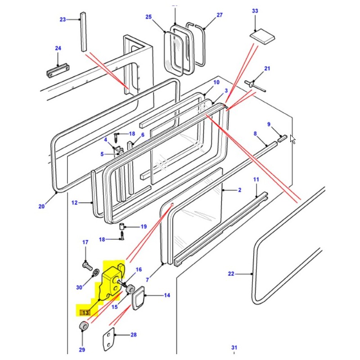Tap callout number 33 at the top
[x=255, y=10]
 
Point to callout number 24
[x=58, y=48]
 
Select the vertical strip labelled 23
[x=83, y=32]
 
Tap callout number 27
[x=219, y=15]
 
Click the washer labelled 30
[x=95, y=274]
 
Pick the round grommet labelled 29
[x=83, y=325]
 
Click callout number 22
[x=231, y=274]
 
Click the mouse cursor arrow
[x=293, y=139]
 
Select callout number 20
[x=41, y=207]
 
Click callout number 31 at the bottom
[x=234, y=347]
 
